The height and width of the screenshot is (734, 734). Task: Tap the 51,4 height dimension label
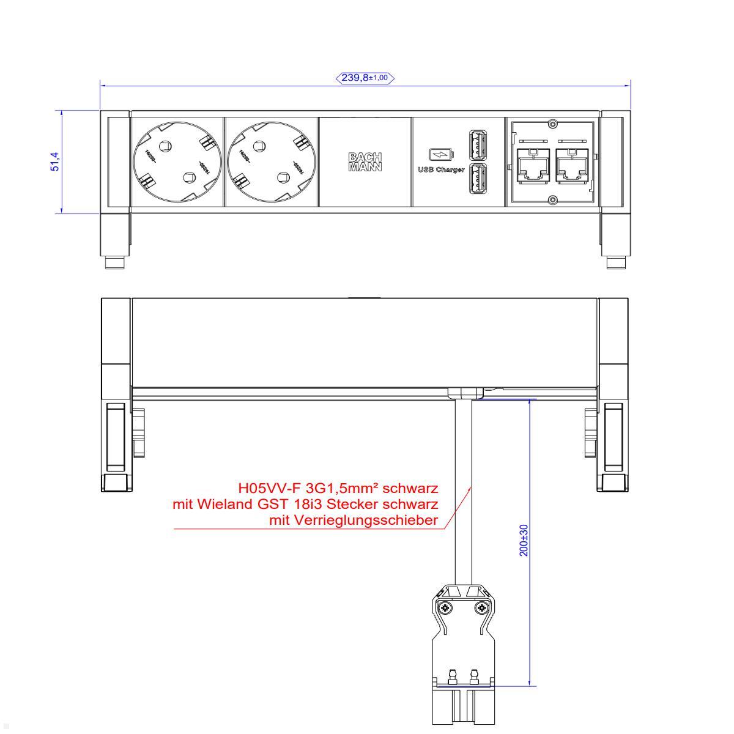[x=55, y=161]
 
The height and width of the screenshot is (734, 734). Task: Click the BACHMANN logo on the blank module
[x=365, y=161]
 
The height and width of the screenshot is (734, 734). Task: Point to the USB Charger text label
[x=441, y=169]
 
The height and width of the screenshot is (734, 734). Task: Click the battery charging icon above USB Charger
[x=441, y=154]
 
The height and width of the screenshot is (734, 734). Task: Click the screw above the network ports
[x=552, y=124]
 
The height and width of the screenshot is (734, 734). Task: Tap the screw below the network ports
[x=552, y=199]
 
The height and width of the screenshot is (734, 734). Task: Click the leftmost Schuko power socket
[x=177, y=162]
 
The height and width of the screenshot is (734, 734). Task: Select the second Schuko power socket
[x=271, y=162]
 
